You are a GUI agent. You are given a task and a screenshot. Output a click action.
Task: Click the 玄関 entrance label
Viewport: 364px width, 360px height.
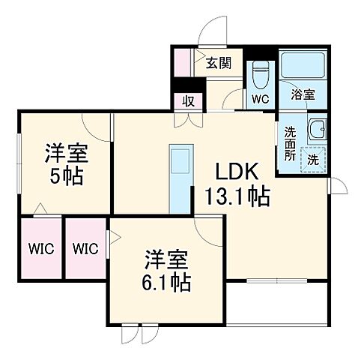pos(219,63)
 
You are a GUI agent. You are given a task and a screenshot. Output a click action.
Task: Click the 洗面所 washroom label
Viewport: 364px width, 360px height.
pos(289,144)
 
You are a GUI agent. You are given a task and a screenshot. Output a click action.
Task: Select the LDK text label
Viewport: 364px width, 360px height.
pos(237,172)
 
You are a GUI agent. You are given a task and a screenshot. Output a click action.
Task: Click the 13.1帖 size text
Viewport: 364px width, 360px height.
pos(237,198)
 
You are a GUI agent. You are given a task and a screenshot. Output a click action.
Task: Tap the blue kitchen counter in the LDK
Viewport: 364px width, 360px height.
pos(181,178)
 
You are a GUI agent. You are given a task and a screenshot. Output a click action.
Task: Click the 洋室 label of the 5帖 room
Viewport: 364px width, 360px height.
pos(67,154)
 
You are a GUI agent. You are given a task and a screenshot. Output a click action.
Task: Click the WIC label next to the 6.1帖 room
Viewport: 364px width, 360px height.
pos(86,248)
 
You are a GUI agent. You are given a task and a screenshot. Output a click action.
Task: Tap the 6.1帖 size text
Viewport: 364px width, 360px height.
pos(167,283)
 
